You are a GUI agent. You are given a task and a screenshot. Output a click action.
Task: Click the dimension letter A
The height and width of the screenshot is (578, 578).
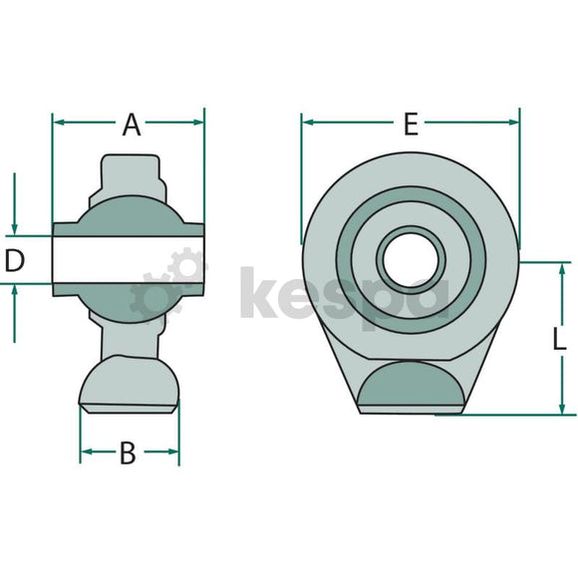point(132,125)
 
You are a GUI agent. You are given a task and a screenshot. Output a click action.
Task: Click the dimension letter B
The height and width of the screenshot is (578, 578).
point(128,453)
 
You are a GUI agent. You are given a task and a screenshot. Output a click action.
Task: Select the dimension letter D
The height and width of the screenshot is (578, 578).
point(15,260)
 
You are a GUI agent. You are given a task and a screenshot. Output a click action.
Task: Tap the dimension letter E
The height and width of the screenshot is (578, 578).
point(411,125)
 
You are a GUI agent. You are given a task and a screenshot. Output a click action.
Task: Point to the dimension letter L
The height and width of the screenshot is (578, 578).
point(559,339)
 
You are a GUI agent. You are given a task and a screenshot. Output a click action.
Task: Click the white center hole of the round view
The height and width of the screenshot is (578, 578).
point(411,259)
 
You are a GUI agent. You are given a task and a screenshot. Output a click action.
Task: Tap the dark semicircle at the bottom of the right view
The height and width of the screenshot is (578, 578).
point(411,383)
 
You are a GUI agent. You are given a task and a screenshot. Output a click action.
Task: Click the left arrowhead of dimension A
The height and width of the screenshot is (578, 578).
point(59,122)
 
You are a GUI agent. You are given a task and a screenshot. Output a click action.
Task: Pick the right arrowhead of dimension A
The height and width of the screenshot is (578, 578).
point(197,122)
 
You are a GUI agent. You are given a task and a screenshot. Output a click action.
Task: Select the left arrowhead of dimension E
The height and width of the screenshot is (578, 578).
point(308,122)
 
